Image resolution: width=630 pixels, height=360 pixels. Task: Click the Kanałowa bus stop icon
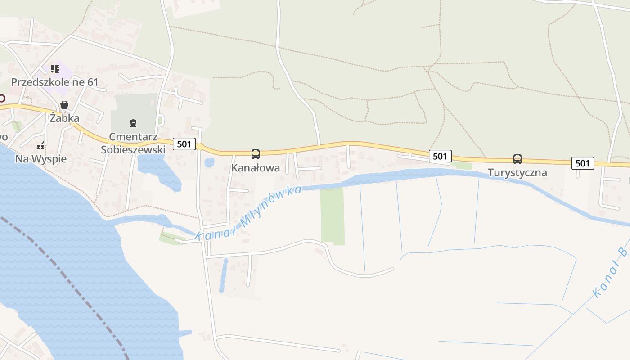pyautogui.click(x=255, y=154)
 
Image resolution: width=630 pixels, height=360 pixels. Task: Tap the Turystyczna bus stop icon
pyautogui.click(x=517, y=159)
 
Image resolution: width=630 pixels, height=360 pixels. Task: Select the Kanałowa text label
pyautogui.click(x=255, y=168)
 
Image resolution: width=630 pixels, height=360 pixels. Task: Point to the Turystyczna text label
pyautogui.click(x=517, y=173)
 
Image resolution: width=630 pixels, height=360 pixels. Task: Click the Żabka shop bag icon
pyautogui.click(x=64, y=105)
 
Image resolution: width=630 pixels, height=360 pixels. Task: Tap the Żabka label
pyautogui.click(x=64, y=118)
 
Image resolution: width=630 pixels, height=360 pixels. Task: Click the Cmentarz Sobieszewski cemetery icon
pyautogui.click(x=133, y=122)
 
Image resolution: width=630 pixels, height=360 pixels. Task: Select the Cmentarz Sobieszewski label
pyautogui.click(x=133, y=143)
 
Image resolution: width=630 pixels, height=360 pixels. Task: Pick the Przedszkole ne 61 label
pyautogui.click(x=54, y=82)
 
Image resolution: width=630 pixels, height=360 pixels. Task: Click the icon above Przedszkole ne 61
pyautogui.click(x=54, y=69)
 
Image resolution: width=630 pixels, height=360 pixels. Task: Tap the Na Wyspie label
pyautogui.click(x=40, y=159)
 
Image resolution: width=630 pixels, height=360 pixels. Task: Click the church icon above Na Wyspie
pyautogui.click(x=41, y=145)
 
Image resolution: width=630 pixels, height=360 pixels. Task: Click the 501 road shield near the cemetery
pyautogui.click(x=184, y=144)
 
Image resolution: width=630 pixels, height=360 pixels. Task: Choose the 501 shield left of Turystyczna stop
pyautogui.click(x=440, y=156)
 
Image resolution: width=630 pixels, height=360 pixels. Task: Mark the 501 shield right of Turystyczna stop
pyautogui.click(x=583, y=163)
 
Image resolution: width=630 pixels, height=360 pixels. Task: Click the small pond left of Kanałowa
pyautogui.click(x=209, y=162)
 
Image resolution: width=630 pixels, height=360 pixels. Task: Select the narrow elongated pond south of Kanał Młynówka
pyautogui.click(x=223, y=275)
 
